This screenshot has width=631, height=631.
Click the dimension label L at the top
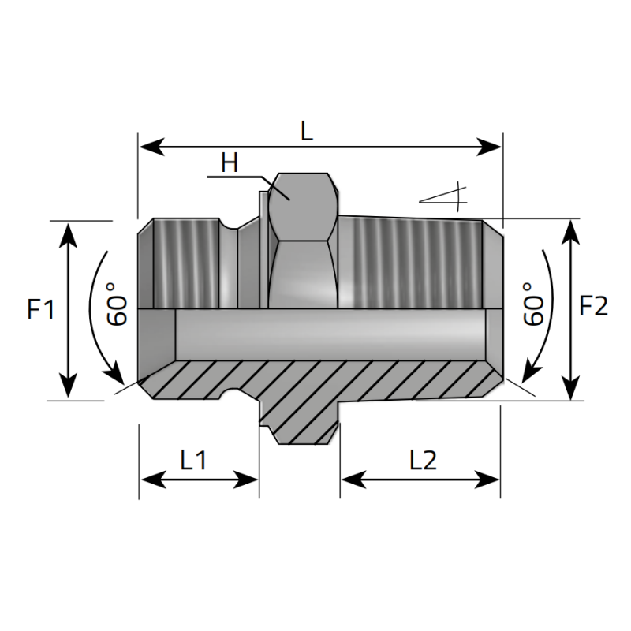click(307, 130)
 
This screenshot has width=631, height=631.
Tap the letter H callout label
click(230, 163)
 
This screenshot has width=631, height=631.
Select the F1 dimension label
click(40, 310)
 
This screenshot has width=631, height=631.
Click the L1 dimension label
click(193, 460)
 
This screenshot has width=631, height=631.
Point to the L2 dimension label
click(423, 460)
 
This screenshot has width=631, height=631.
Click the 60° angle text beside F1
click(118, 304)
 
